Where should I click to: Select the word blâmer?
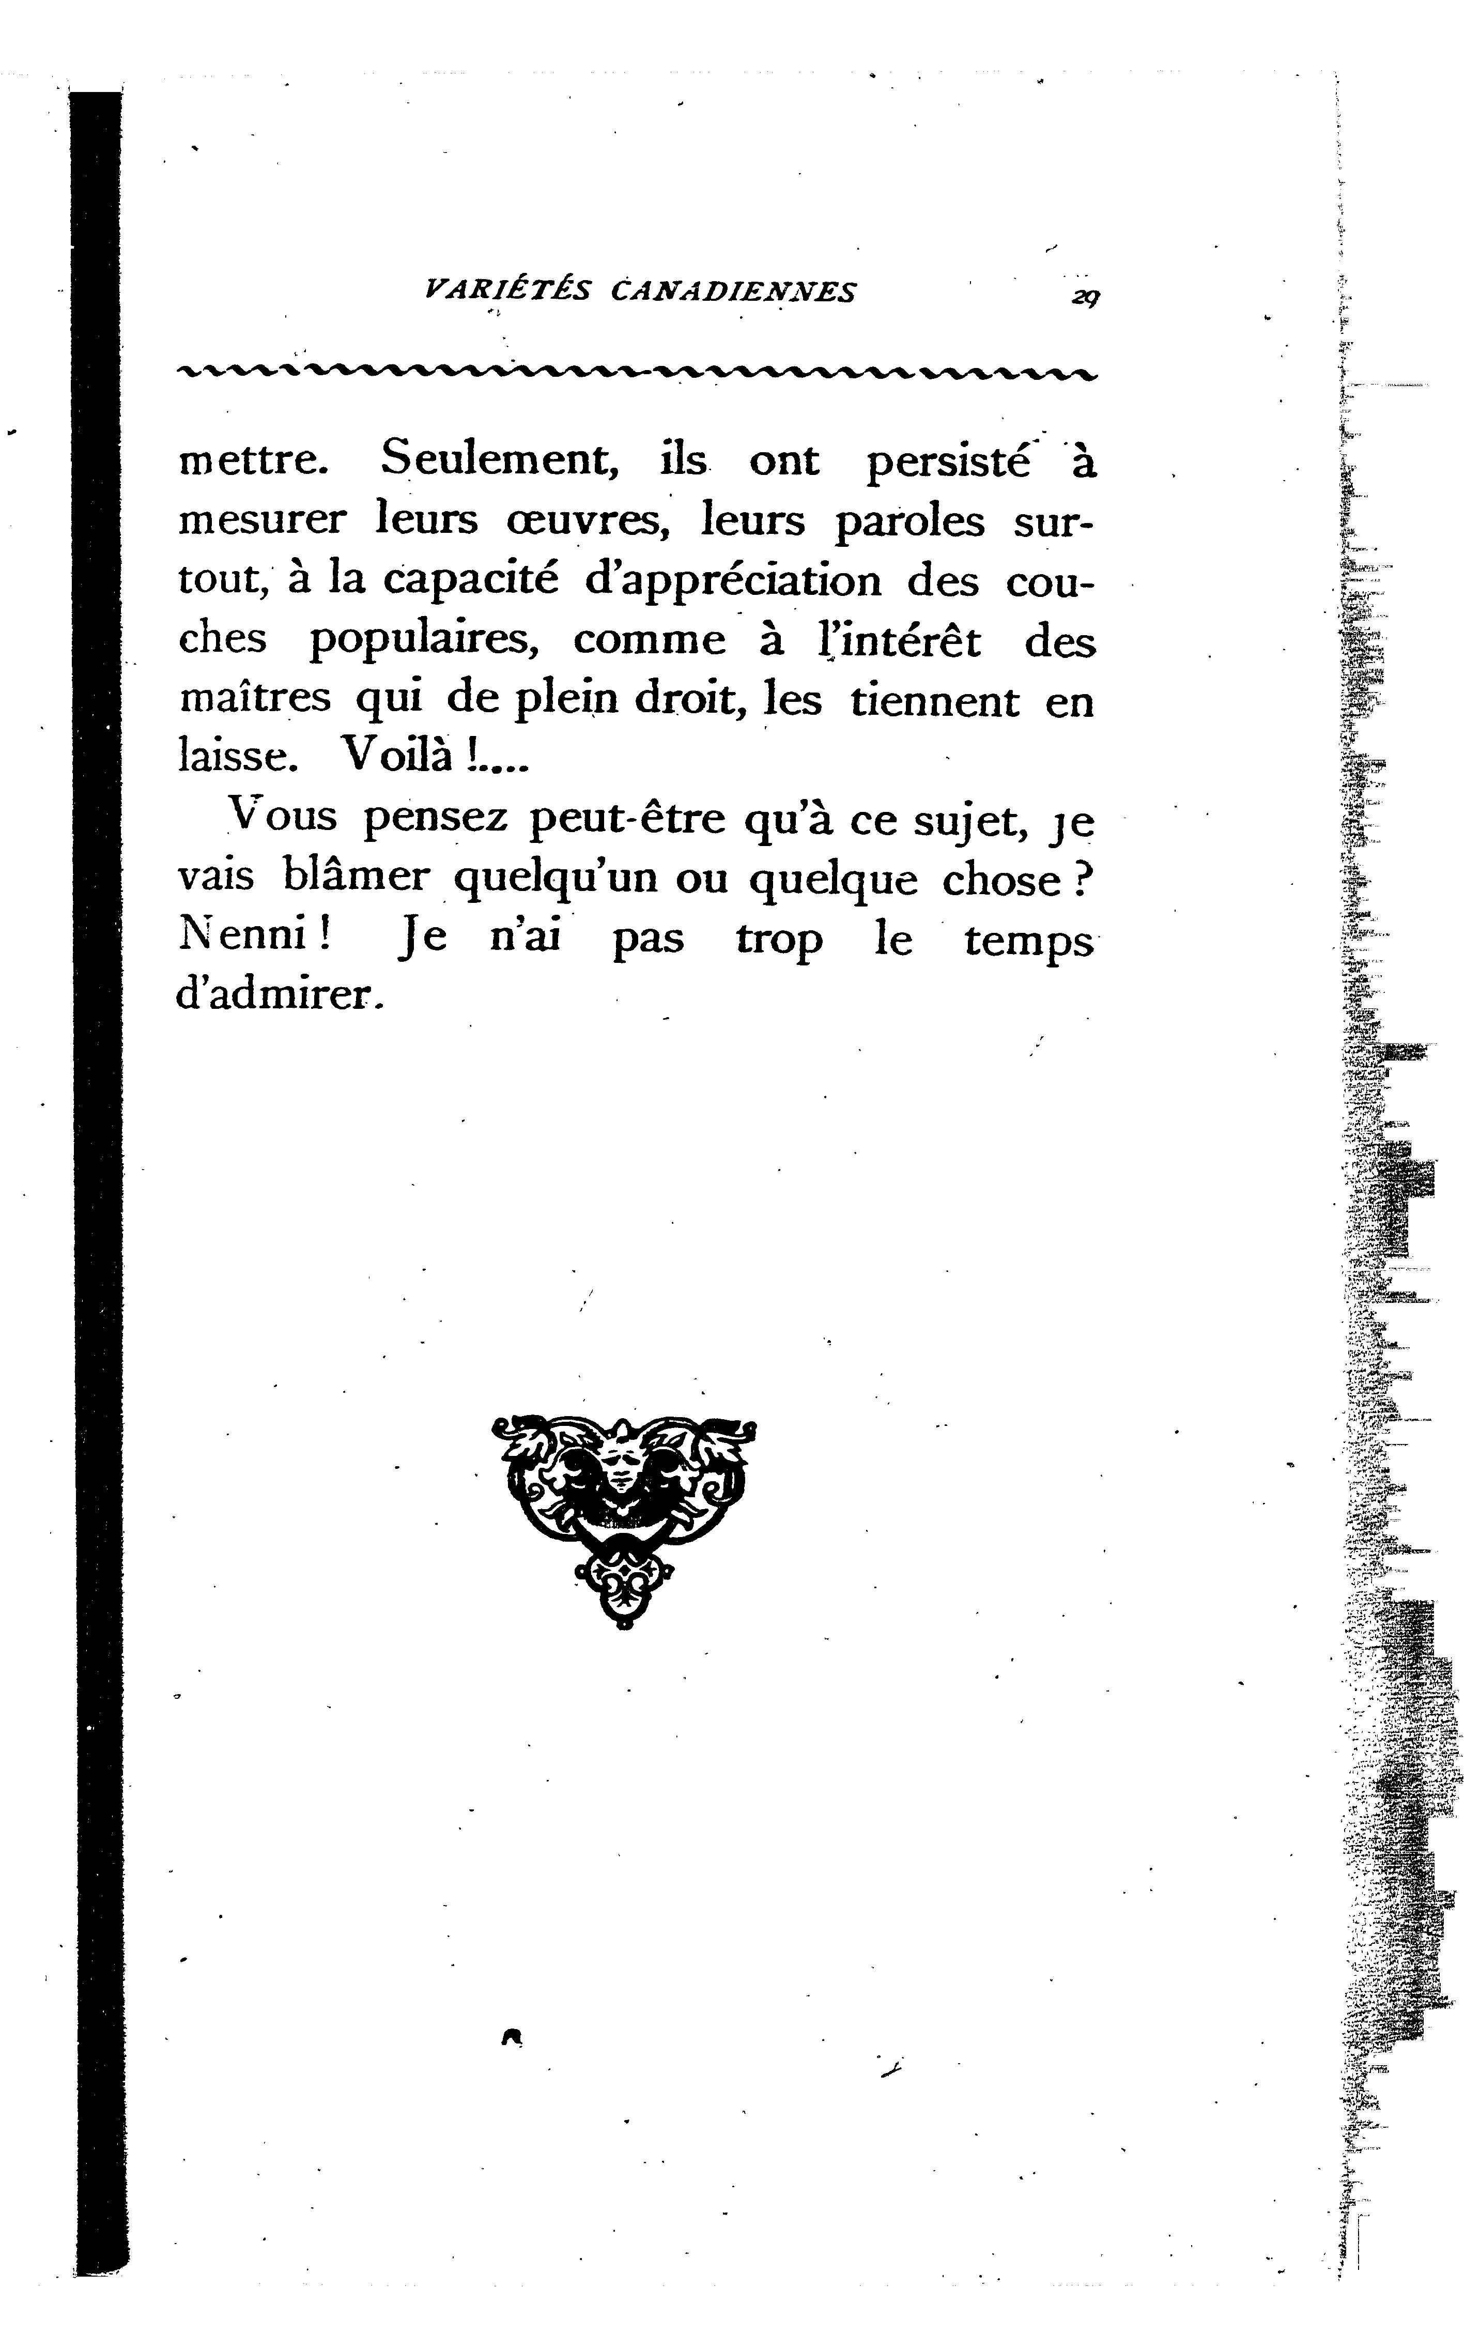355,877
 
